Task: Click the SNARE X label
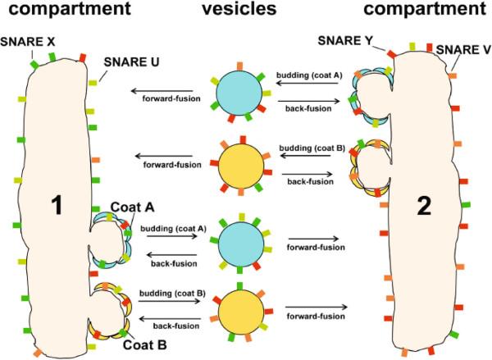[27, 41]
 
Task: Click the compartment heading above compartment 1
[64, 11]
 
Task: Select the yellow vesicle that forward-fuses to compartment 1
[240, 165]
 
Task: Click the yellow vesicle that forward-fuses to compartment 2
[240, 312]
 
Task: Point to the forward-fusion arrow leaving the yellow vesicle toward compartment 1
[173, 155]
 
